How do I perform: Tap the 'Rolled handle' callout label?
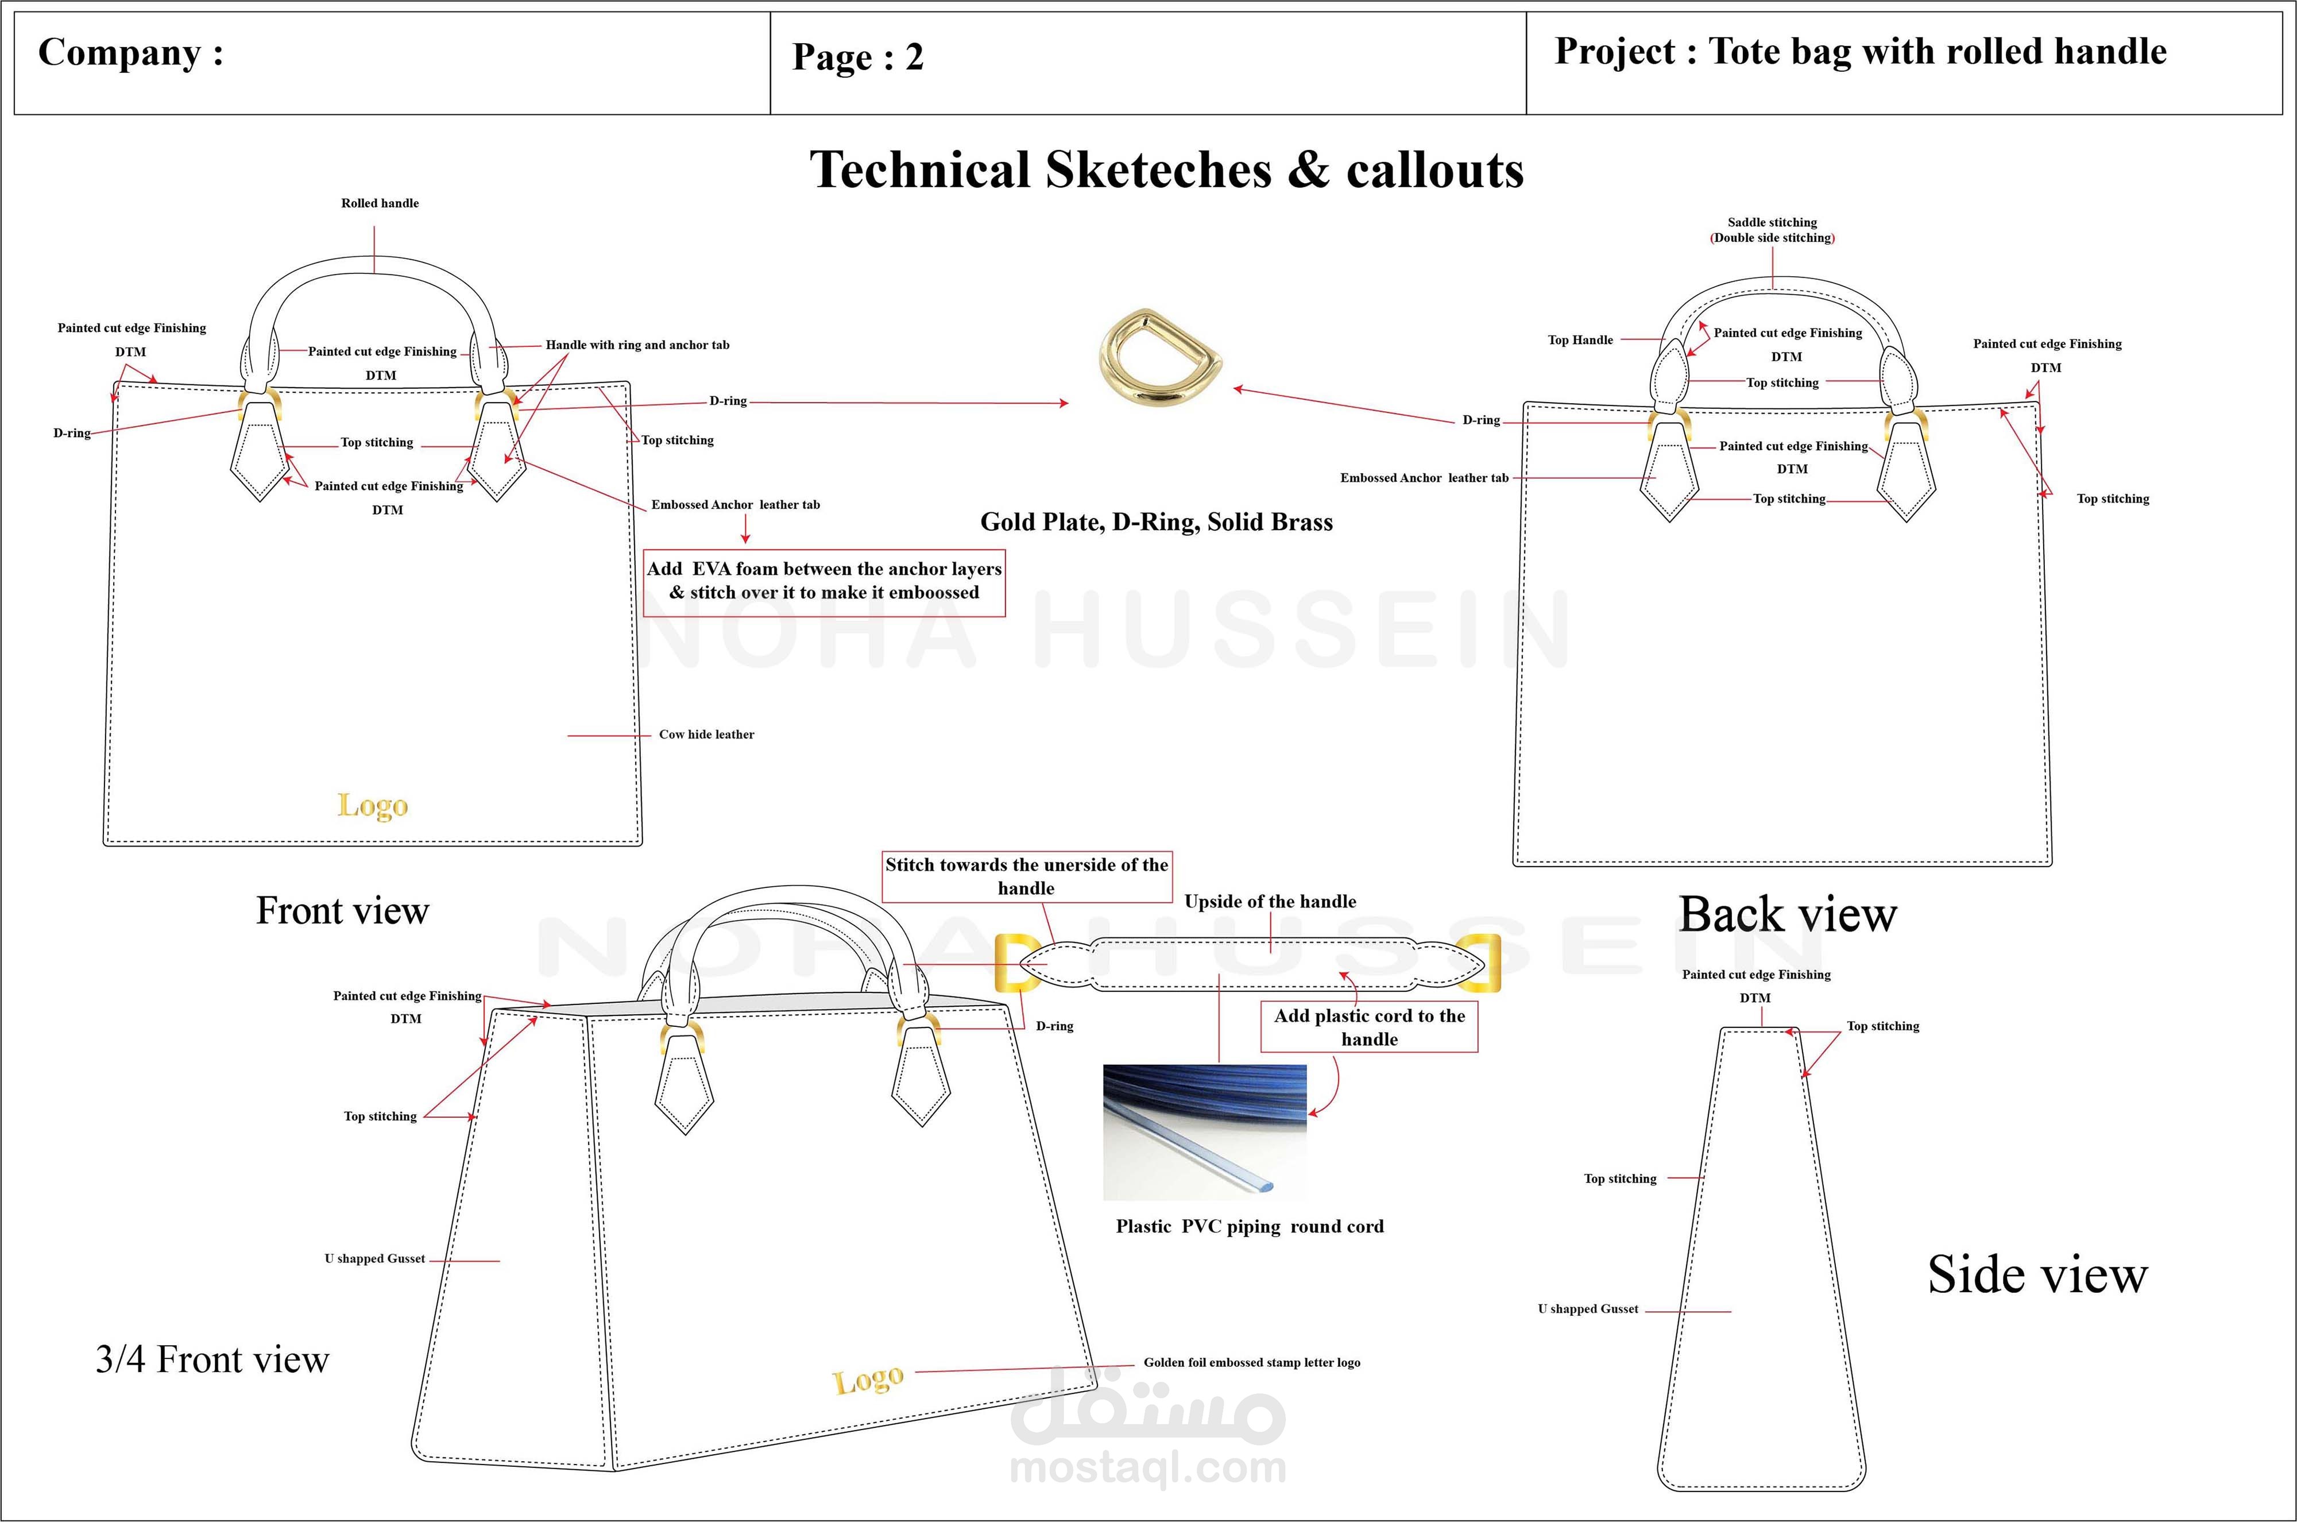[380, 203]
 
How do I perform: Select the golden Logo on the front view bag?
[373, 806]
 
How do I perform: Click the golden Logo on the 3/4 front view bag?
[868, 1380]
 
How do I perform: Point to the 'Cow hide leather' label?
[706, 735]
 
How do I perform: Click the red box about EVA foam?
[824, 581]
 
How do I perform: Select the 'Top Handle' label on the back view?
[1580, 340]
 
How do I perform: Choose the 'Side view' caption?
[2037, 1274]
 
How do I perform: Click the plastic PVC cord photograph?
[1204, 1132]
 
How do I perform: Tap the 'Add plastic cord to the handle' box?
[1368, 1027]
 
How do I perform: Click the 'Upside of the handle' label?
[1269, 902]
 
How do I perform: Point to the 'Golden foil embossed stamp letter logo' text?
[1251, 1363]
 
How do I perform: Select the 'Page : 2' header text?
[858, 57]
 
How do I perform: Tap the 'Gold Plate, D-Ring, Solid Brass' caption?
[1156, 522]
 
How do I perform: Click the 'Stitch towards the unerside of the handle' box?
[1026, 875]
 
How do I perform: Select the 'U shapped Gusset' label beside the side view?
[1588, 1309]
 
